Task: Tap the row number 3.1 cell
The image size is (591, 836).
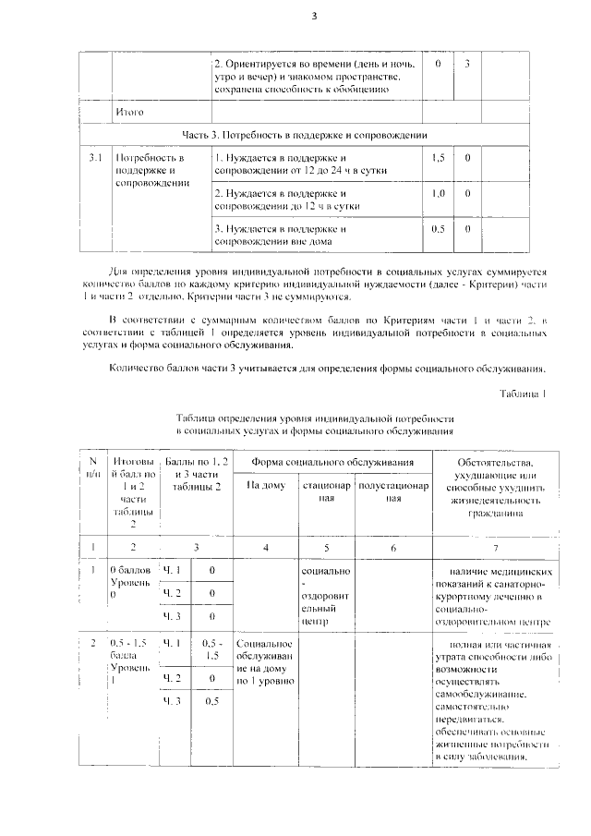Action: pos(94,158)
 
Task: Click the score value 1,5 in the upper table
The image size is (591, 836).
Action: pos(439,158)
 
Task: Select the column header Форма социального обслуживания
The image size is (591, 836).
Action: pos(322,461)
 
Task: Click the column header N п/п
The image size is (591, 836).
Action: pos(92,467)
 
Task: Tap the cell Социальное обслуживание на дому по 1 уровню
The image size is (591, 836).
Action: pos(265,661)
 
